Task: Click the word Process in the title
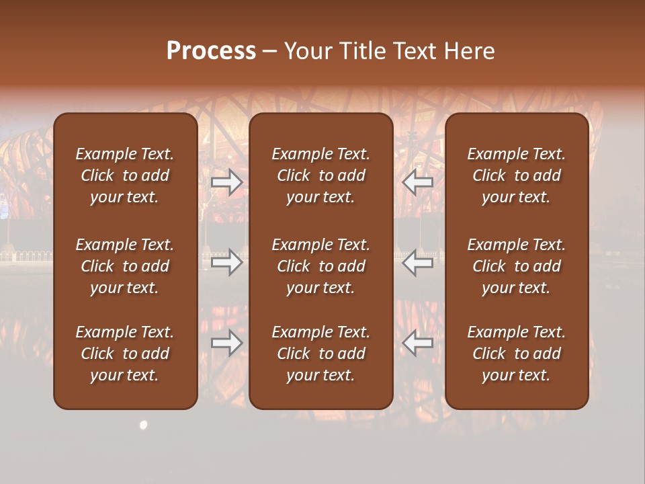point(211,51)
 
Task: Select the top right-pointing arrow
point(226,182)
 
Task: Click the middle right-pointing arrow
point(226,262)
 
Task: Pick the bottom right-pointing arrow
point(226,344)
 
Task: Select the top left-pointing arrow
point(418,182)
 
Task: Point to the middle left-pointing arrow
point(418,262)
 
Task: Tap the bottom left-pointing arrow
point(418,344)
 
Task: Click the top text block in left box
point(125,175)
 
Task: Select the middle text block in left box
point(125,266)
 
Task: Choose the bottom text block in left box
point(125,354)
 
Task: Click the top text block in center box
point(320,175)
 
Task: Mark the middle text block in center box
point(320,266)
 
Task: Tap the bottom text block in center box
point(320,354)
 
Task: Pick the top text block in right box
point(516,175)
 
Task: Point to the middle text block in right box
point(516,266)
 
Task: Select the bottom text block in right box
point(516,354)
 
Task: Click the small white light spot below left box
point(143,424)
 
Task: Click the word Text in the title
point(416,51)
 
